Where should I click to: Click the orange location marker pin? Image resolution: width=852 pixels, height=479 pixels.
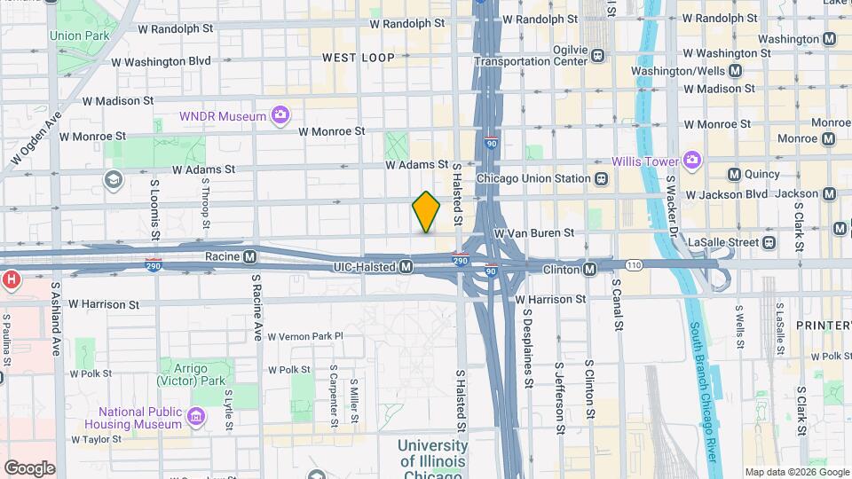pos(426,212)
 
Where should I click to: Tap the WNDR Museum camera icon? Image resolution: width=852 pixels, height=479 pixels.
pos(280,115)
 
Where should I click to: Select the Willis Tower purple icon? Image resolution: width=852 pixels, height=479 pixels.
pos(692,161)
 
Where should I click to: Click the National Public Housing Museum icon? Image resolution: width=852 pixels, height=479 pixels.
pos(196,414)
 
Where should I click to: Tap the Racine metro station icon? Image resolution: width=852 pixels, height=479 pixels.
pos(250,257)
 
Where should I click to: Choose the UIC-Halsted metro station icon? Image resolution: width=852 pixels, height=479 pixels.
pos(406,266)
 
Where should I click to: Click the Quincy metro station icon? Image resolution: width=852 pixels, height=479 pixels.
pos(734,175)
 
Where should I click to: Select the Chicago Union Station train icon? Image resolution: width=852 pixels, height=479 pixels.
pos(602,178)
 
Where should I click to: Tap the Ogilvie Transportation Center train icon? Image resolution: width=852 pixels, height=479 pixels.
pos(597,55)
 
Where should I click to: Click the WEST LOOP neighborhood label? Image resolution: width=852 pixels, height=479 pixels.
pos(358,58)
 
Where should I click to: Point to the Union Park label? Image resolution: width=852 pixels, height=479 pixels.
pos(78,36)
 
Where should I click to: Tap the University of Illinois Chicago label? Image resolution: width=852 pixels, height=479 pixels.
pos(431,460)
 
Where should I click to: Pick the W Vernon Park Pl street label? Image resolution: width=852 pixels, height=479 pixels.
pos(304,336)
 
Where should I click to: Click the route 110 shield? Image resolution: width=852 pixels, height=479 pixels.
pos(633,265)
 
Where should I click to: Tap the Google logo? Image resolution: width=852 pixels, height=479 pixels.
pos(29,467)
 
